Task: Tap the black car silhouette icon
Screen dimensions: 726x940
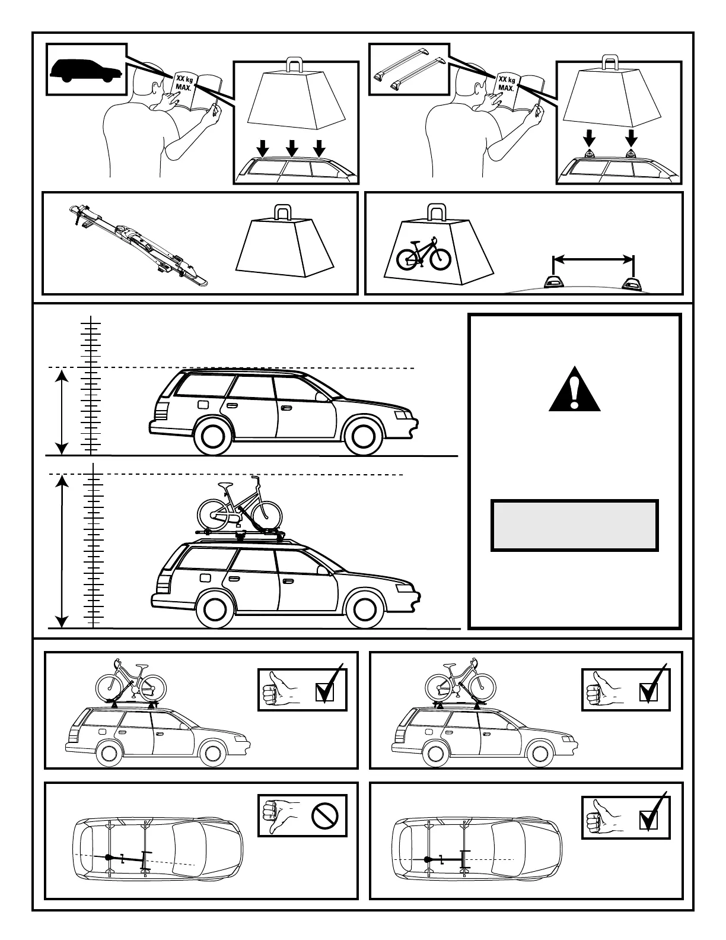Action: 86,70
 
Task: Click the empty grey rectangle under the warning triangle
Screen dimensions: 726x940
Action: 574,526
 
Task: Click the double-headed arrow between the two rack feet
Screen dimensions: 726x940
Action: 593,259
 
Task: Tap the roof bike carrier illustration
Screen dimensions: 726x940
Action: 136,243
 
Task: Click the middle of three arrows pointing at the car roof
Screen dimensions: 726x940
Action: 291,148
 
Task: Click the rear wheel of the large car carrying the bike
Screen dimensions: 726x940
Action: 215,609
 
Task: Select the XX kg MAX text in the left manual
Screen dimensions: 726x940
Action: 181,82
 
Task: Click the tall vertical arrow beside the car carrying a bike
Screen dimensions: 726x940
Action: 62,551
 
